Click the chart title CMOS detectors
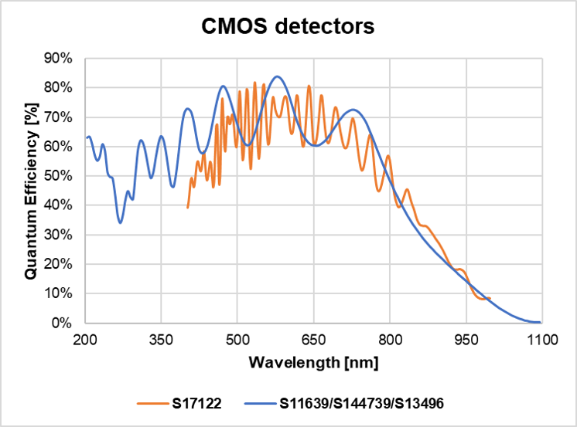288,26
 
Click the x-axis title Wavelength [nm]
313,361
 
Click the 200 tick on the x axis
85,338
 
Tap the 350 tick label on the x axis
161,338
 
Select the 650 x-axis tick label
313,338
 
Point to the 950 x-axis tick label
466,338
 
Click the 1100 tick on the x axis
541,338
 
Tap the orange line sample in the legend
152,402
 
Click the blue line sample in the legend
258,402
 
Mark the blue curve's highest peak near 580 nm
278,76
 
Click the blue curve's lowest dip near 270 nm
120,223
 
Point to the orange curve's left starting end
187,207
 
